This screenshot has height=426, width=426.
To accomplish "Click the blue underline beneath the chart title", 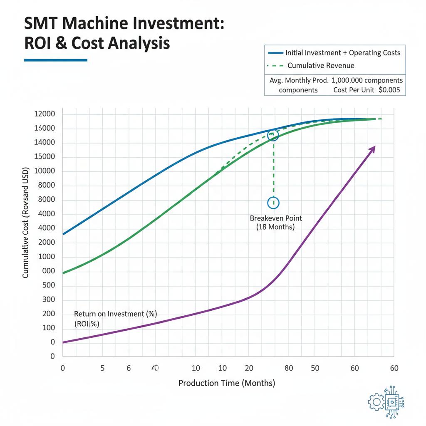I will coord(55,60).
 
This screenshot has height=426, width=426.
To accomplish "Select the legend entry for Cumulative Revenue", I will coord(320,65).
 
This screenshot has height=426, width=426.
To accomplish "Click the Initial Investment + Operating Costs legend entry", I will coord(342,53).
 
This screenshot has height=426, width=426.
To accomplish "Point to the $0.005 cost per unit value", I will coord(390,90).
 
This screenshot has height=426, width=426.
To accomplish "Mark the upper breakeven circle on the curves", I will coord(273,135).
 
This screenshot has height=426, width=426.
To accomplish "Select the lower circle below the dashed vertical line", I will coord(273,203).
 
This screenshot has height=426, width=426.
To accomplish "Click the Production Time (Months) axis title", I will coord(227,383).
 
